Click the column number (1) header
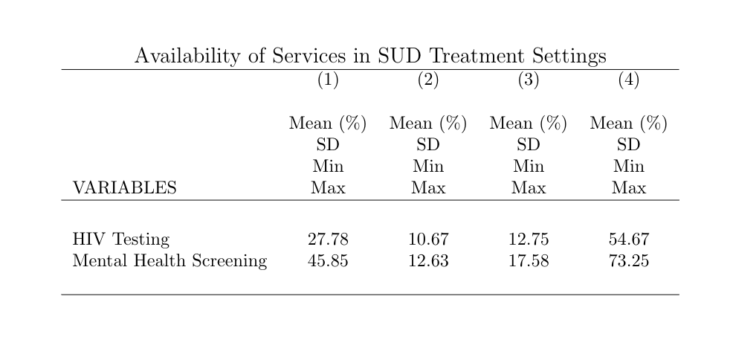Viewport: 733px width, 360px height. [328, 80]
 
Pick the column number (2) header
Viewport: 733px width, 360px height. [428, 80]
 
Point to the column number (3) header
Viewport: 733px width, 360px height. [529, 80]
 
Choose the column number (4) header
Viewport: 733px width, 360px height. [629, 80]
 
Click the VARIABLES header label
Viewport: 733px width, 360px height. [125, 187]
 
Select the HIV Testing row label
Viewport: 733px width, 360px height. [121, 240]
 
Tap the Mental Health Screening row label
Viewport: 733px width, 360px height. [169, 260]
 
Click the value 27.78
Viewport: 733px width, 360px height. [328, 240]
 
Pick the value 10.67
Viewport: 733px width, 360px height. [428, 240]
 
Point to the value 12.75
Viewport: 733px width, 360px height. [529, 240]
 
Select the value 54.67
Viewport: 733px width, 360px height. [629, 240]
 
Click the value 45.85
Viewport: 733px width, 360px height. [328, 260]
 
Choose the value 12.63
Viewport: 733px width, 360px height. [428, 260]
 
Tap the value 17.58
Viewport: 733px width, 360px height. [529, 260]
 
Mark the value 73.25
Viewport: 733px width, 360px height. [629, 260]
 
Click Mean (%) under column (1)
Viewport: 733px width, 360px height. [328, 123]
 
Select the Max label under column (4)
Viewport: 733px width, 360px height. [629, 188]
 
